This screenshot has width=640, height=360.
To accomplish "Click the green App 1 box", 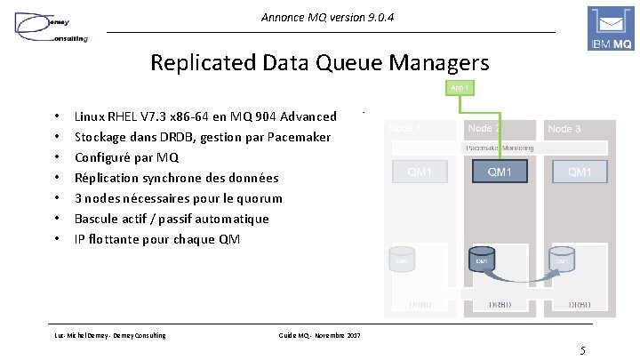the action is (460, 87).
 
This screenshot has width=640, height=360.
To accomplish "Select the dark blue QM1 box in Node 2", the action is (499, 172).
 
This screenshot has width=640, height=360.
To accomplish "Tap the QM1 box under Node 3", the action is (579, 172).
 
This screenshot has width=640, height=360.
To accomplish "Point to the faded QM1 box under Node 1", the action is (420, 172).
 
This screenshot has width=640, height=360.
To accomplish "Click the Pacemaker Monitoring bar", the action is (499, 148).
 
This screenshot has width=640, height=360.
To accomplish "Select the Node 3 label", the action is (564, 129).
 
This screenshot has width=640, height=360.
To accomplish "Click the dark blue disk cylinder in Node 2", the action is (481, 260).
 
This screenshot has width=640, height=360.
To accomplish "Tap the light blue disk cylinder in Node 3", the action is (561, 260).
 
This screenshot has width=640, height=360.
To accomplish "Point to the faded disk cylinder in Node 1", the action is (401, 260).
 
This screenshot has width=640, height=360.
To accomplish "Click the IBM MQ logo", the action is (612, 29).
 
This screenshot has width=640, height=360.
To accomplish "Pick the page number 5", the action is (582, 349).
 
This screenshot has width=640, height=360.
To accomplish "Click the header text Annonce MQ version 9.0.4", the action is (316, 18).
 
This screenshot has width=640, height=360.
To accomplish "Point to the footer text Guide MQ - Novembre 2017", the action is (319, 334).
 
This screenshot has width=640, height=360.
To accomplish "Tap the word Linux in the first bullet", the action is (92, 116).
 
